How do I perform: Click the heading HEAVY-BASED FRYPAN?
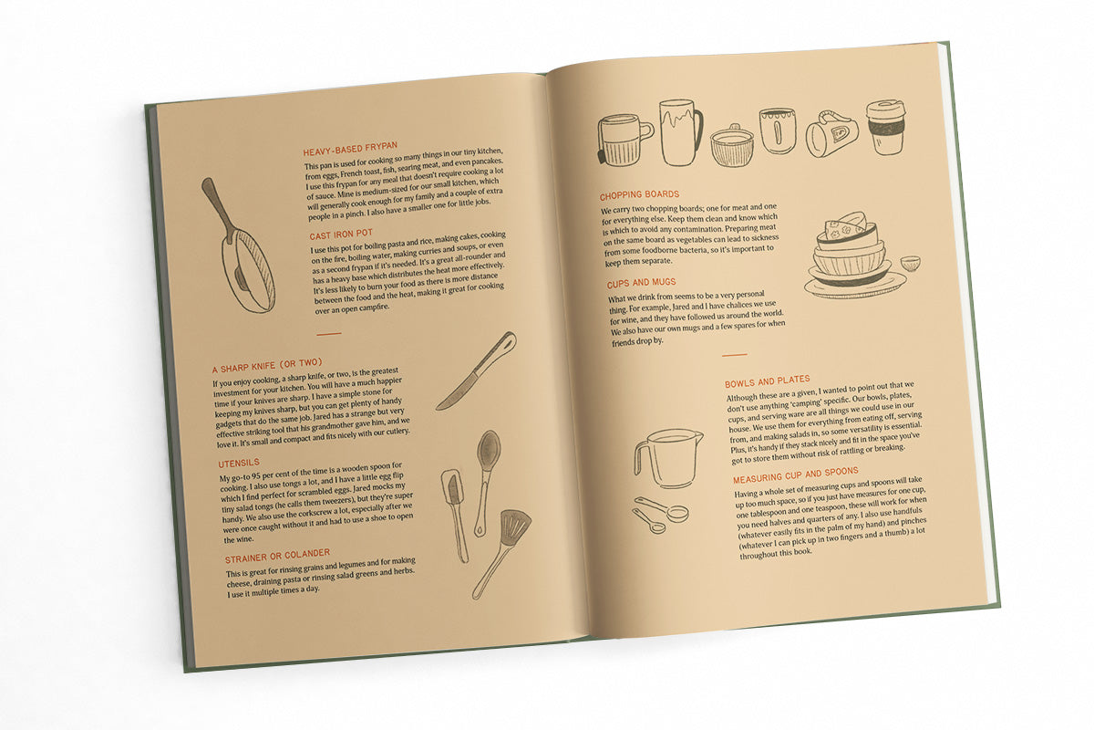tap(350, 149)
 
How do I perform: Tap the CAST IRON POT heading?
tap(341, 235)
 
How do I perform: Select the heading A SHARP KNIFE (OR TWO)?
tap(267, 365)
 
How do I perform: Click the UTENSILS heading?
tap(239, 463)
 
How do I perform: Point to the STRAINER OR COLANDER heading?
tap(277, 556)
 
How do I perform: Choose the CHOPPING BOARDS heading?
tap(639, 195)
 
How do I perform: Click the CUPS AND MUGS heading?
tap(641, 283)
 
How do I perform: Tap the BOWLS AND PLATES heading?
tap(768, 381)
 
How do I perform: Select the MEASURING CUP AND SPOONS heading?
tap(796, 474)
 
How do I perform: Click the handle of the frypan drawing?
tap(217, 205)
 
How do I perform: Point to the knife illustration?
tap(476, 370)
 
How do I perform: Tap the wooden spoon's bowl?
tap(489, 450)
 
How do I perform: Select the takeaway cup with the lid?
tap(885, 127)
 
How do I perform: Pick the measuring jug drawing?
tap(667, 459)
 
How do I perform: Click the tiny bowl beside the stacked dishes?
tap(911, 263)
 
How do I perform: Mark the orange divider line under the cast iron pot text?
tap(329, 334)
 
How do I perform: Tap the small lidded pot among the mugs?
tap(731, 146)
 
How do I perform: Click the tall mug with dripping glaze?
tap(680, 133)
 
